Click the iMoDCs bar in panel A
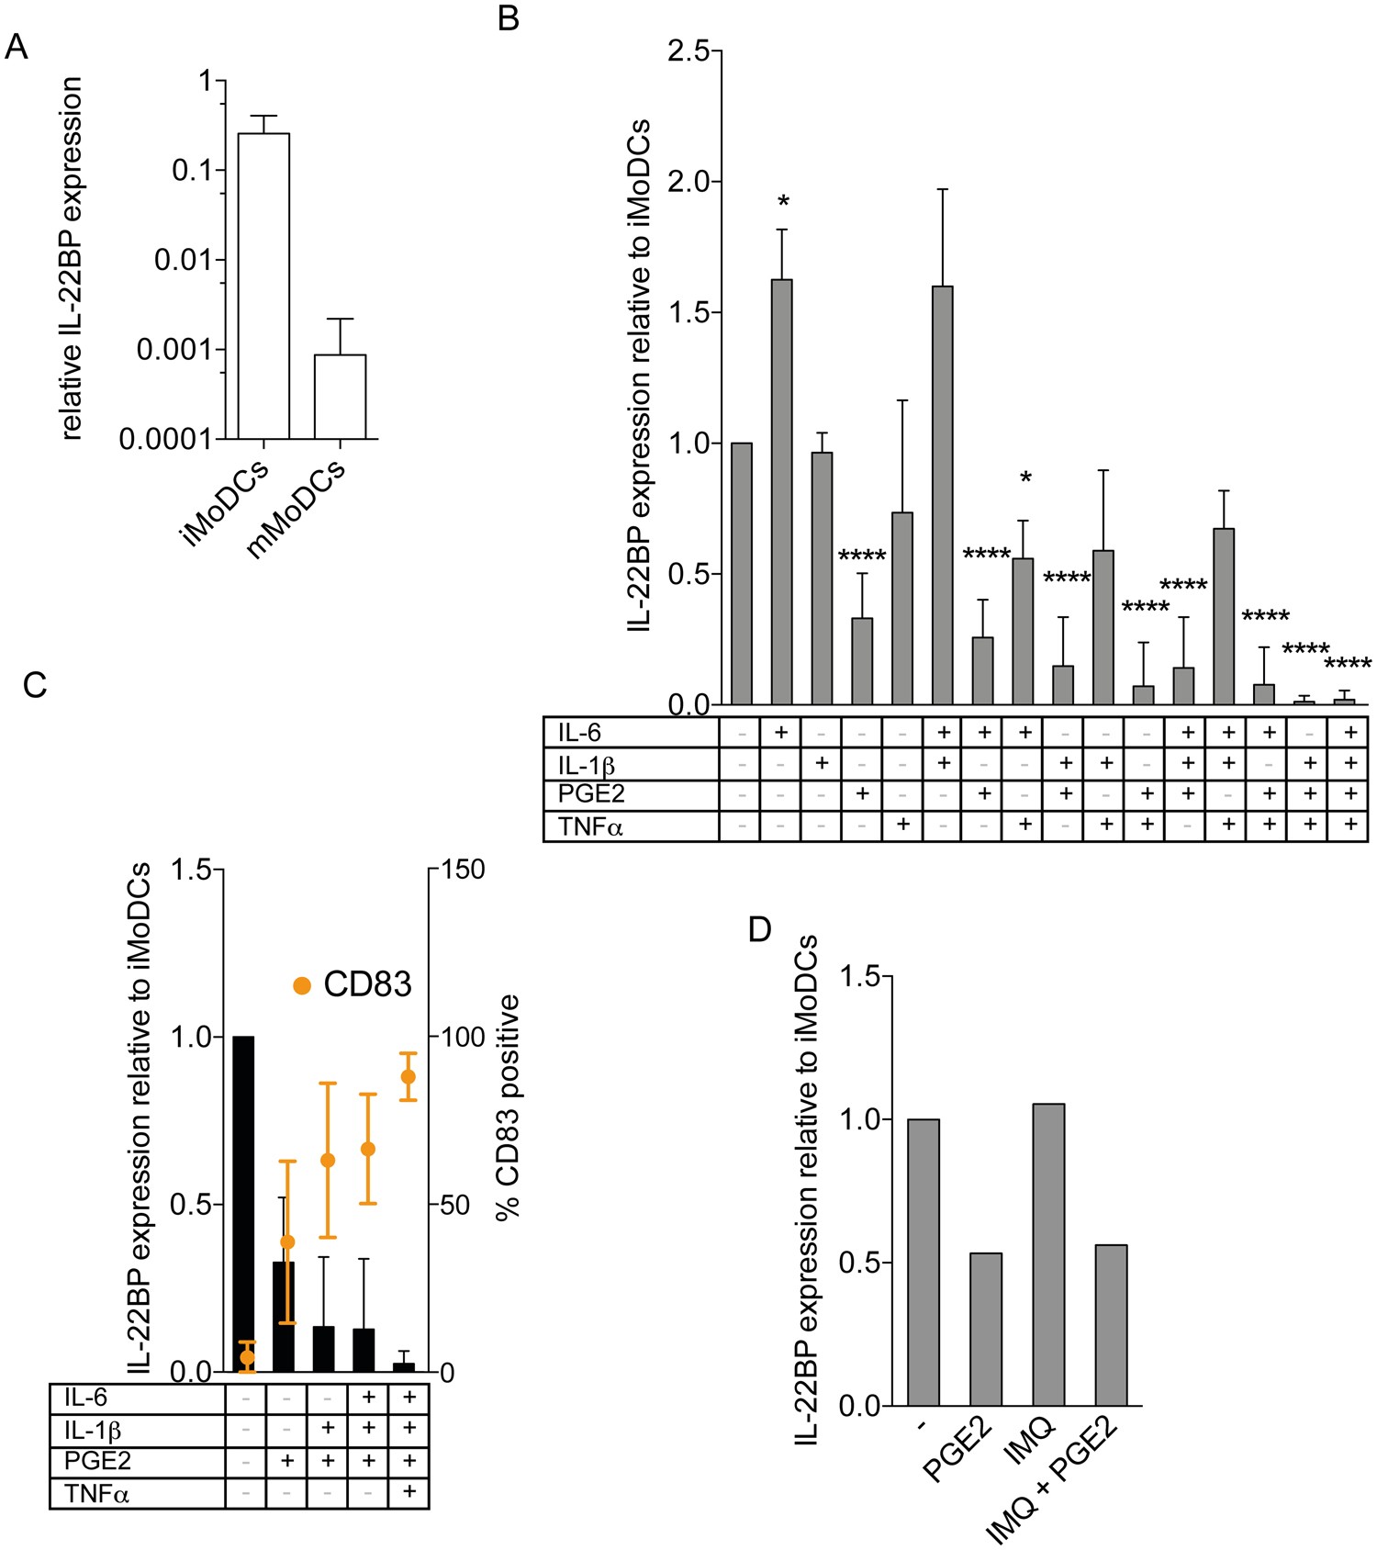point(263,286)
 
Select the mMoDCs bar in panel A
point(340,397)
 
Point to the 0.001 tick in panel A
point(181,349)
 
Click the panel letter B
point(509,17)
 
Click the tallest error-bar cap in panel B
point(942,189)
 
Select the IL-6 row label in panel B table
point(579,733)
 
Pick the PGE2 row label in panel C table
point(97,1460)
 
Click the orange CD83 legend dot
point(302,985)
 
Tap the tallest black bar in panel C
point(243,1203)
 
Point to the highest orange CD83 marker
point(409,1076)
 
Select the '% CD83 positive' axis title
point(508,1106)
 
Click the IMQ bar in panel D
point(1048,1253)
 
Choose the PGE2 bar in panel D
point(986,1329)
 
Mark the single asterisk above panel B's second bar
point(782,201)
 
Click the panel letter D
point(759,930)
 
